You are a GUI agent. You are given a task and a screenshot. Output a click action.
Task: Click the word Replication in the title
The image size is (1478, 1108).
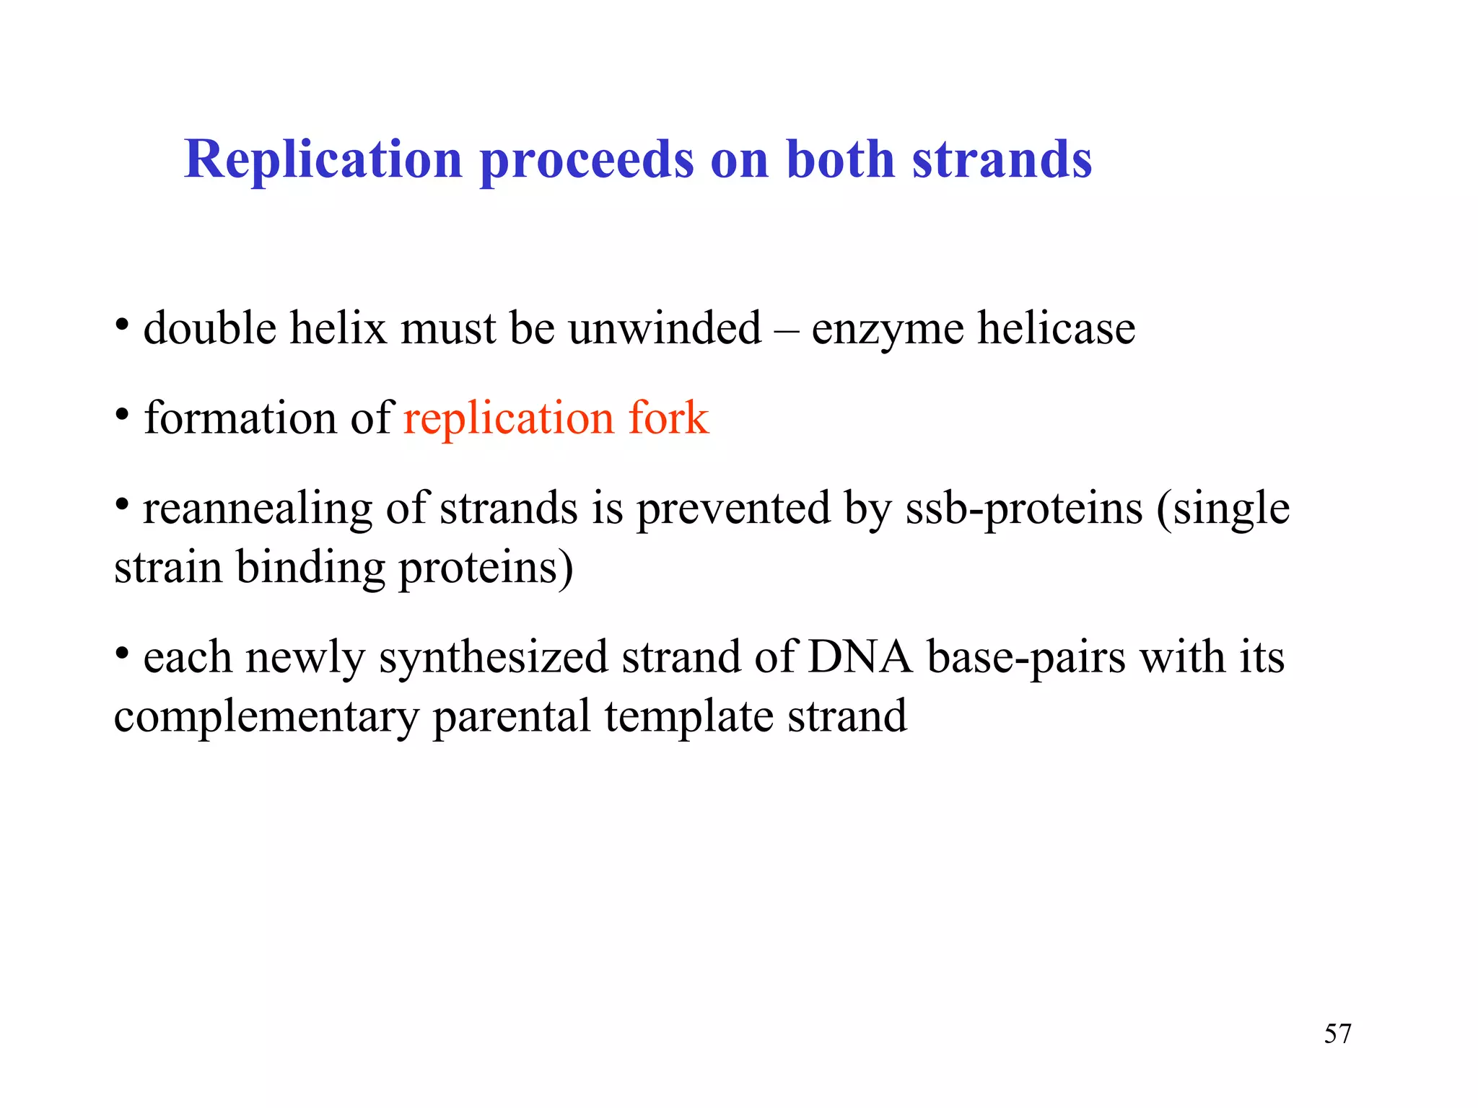(323, 159)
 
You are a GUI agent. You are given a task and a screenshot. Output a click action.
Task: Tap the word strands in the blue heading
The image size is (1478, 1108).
(1002, 159)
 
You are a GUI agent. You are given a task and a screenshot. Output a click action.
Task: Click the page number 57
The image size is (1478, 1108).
(1337, 1034)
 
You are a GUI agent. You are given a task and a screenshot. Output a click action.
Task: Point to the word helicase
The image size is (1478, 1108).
(1056, 329)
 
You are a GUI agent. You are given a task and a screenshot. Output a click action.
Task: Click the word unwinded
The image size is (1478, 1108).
(664, 329)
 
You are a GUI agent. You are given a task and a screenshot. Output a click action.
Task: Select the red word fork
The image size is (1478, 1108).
(668, 418)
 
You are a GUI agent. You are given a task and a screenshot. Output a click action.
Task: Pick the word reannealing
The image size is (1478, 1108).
(257, 509)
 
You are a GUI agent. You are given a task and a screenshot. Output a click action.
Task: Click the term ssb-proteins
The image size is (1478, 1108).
(1024, 509)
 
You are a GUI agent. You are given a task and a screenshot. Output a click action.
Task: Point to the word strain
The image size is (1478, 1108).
(167, 568)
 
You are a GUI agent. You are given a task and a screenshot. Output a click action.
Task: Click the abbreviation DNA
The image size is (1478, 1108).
(860, 658)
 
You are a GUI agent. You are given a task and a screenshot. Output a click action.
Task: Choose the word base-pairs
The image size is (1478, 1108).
(1026, 658)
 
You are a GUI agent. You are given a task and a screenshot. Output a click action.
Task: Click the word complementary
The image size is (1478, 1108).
(266, 717)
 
